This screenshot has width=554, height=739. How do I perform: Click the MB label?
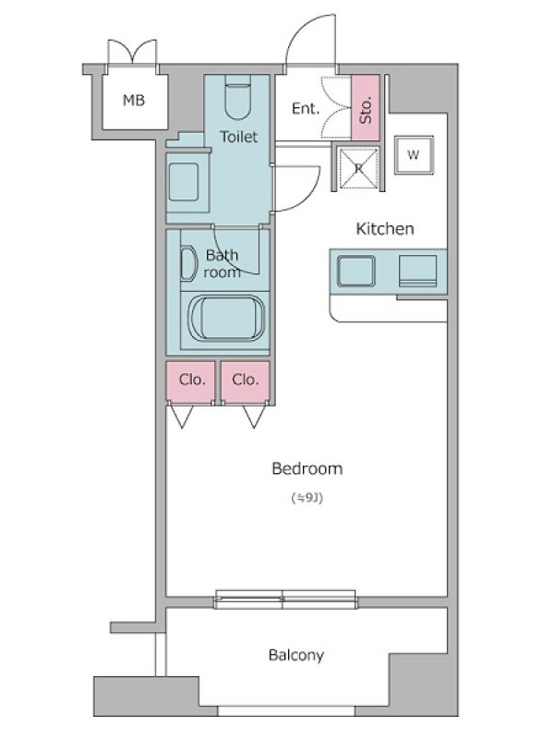pyautogui.click(x=134, y=100)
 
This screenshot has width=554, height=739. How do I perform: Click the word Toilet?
pyautogui.click(x=239, y=137)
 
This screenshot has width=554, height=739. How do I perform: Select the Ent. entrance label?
pyautogui.click(x=306, y=109)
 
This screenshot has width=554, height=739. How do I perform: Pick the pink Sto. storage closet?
pyautogui.click(x=366, y=107)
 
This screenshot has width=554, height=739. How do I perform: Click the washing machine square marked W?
pyautogui.click(x=414, y=155)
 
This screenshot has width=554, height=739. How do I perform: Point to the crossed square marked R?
pyautogui.click(x=359, y=168)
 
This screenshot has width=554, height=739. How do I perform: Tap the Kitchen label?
pyautogui.click(x=385, y=228)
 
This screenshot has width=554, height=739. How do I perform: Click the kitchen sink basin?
pyautogui.click(x=356, y=271)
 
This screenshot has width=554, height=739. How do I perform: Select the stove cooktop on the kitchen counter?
pyautogui.click(x=417, y=271)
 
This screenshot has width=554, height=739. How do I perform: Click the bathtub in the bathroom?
pyautogui.click(x=226, y=319)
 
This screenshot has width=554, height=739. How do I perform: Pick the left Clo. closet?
pyautogui.click(x=190, y=382)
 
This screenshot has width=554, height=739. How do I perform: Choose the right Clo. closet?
pyautogui.click(x=246, y=382)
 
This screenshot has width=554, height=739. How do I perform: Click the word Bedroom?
pyautogui.click(x=307, y=468)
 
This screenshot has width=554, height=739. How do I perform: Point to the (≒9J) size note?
pyautogui.click(x=307, y=498)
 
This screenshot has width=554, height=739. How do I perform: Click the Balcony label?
pyautogui.click(x=296, y=655)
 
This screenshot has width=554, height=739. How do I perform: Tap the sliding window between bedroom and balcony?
pyautogui.click(x=285, y=599)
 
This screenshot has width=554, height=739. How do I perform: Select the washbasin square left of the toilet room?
pyautogui.click(x=183, y=181)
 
